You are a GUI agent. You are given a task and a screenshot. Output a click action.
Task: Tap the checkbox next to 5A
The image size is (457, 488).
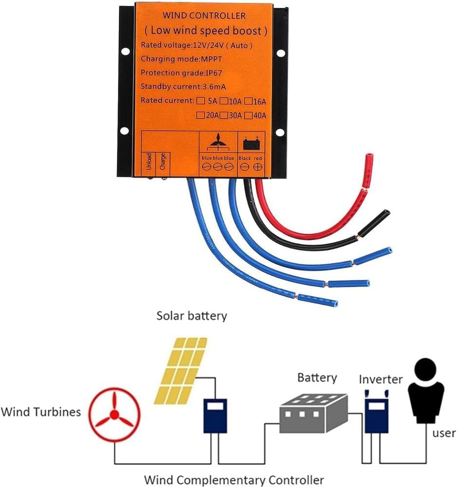[200, 101]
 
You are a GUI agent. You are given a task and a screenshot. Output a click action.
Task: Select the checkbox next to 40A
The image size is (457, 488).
[248, 116]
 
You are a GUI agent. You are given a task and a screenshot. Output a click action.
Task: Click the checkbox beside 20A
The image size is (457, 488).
[200, 116]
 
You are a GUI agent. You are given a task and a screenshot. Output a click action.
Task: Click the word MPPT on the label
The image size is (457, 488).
[206, 59]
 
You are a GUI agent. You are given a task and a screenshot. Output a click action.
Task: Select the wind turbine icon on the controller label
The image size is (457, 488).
[218, 143]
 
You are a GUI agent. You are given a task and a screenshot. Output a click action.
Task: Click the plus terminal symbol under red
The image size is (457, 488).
[257, 167]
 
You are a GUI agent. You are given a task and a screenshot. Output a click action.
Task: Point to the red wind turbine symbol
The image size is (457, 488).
[114, 414]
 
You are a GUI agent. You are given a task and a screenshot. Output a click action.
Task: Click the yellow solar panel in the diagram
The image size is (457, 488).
[181, 370]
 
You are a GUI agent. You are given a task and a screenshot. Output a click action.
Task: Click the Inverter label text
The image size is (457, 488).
[381, 379]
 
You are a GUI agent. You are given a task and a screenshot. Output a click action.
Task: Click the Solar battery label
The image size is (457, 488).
[191, 316]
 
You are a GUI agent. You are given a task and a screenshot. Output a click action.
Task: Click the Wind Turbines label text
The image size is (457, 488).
[40, 412]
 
